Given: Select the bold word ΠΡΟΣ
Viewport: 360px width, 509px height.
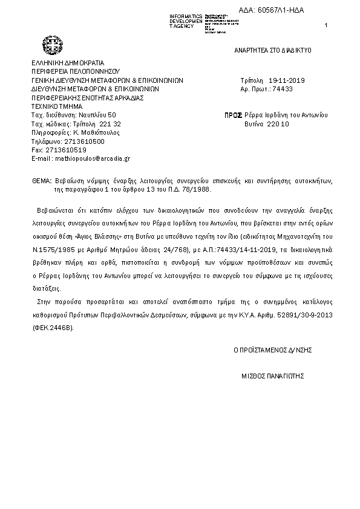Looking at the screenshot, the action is (233, 114).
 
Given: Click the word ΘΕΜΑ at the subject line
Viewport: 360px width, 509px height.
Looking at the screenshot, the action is (42, 181).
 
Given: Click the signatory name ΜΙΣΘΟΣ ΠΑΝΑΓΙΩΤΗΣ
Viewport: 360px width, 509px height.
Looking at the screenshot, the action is (272, 375).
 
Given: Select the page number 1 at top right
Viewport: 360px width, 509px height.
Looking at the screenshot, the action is (326, 25).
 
